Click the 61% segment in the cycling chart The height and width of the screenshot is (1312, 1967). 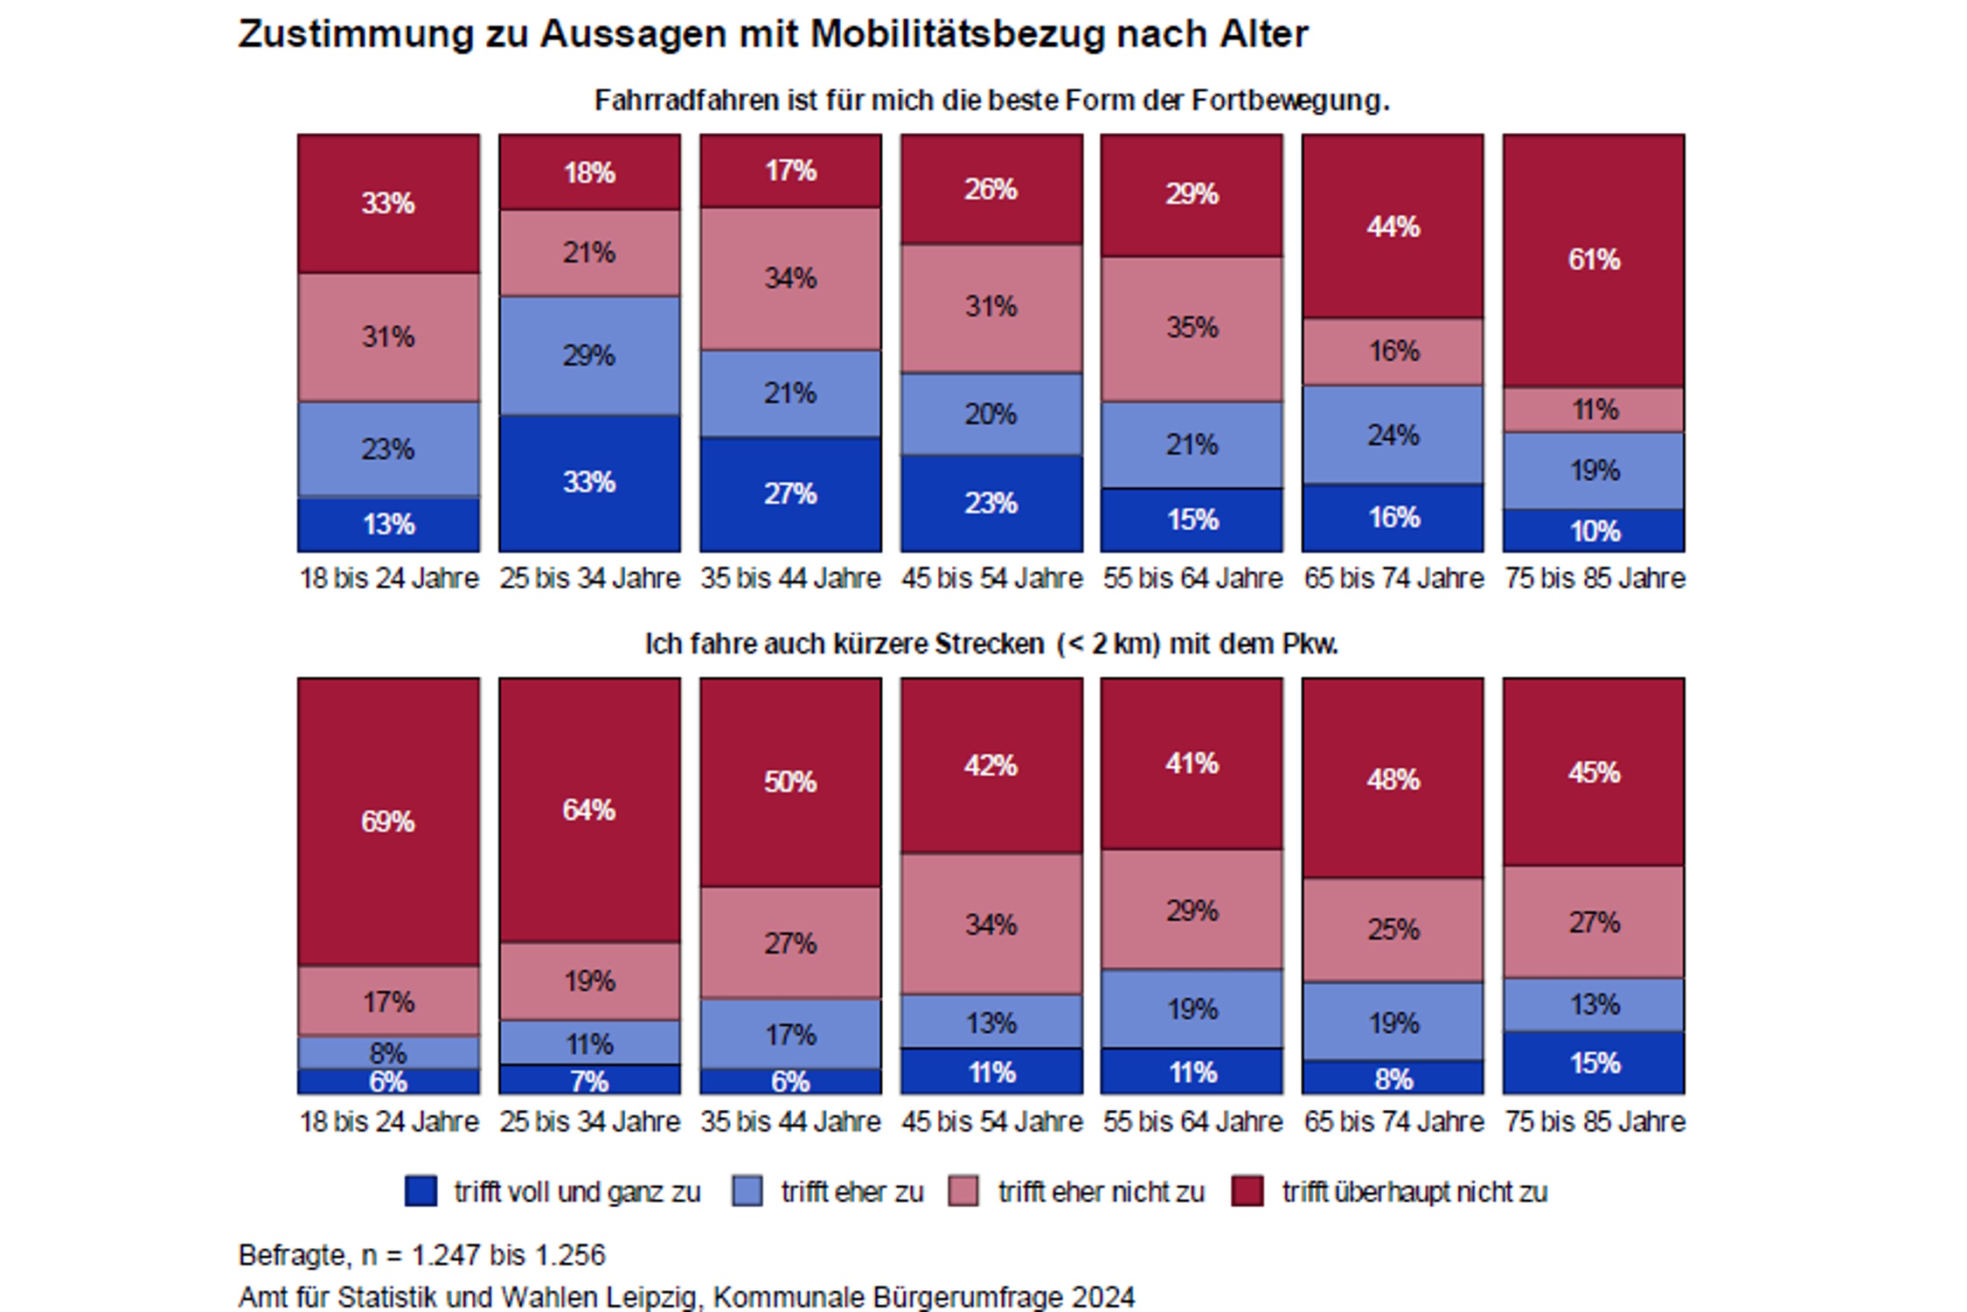(x=1593, y=260)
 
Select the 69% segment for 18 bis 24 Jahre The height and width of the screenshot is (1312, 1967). (x=388, y=821)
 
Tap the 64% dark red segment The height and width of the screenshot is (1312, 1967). (x=589, y=810)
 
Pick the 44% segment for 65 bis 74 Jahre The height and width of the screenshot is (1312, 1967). (x=1393, y=227)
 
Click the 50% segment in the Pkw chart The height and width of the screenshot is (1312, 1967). (x=790, y=781)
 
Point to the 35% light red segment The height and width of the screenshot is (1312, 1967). (x=1192, y=328)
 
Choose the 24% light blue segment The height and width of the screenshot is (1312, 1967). (x=1393, y=435)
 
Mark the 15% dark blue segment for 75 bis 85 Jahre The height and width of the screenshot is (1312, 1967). (x=1593, y=1063)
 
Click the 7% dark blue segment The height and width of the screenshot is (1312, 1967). (x=589, y=1081)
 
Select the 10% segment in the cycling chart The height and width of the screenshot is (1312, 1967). (x=1593, y=531)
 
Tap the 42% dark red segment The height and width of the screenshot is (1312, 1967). (x=990, y=765)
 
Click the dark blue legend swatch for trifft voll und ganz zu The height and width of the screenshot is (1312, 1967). (x=421, y=1191)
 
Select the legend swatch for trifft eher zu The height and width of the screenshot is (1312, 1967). (x=747, y=1191)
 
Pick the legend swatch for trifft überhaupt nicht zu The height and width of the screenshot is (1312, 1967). (x=1247, y=1191)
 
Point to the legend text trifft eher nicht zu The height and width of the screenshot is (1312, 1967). (x=1101, y=1192)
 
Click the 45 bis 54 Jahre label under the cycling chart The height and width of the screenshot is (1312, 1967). (x=991, y=578)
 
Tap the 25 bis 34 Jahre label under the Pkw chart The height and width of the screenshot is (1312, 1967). (x=589, y=1121)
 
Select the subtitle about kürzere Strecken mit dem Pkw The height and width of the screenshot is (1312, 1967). (x=991, y=645)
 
